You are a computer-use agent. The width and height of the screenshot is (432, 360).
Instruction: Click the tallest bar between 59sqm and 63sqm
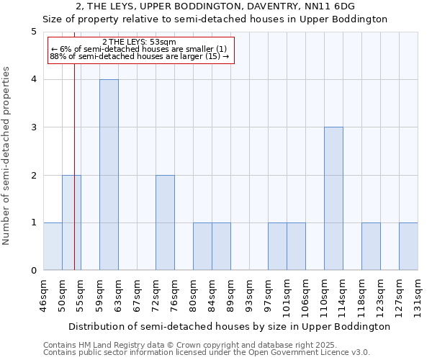point(109,175)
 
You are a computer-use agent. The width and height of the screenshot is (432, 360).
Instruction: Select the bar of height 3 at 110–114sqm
point(333,199)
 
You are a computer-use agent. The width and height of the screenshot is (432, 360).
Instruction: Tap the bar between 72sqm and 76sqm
point(165,222)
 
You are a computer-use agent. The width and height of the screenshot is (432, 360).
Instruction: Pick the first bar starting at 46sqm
point(53,246)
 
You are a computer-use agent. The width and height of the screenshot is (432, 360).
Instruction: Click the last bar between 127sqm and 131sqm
point(408,246)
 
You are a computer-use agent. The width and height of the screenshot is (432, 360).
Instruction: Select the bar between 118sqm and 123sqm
point(371,246)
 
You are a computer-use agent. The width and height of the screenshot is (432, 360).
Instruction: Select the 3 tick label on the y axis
point(34,127)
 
